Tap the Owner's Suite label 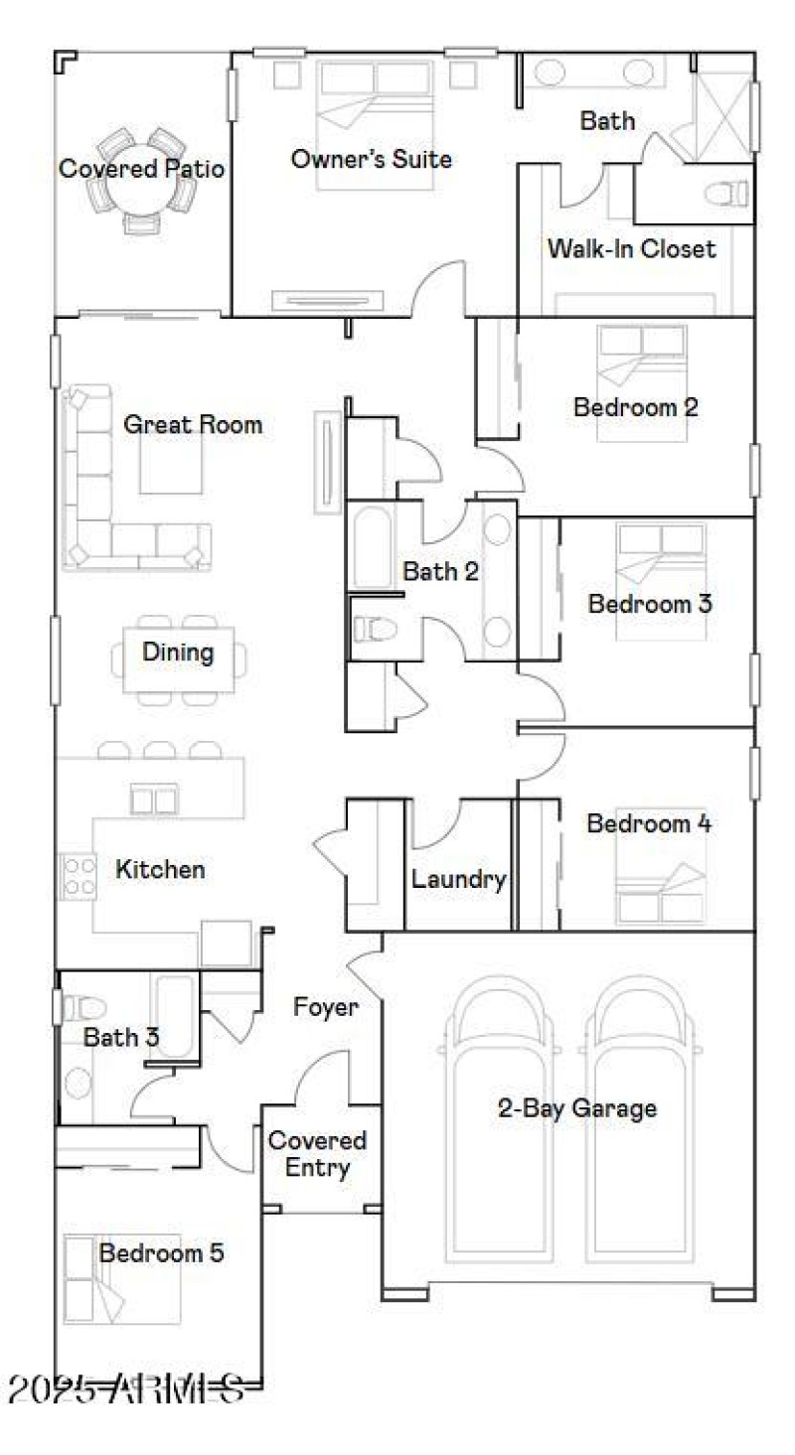(372, 159)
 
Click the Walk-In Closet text (631, 248)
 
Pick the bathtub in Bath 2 (373, 548)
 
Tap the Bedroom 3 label (650, 604)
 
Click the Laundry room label (459, 879)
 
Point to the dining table (178, 655)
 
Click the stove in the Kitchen (77, 876)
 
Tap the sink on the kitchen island (154, 799)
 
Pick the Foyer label (325, 1007)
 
